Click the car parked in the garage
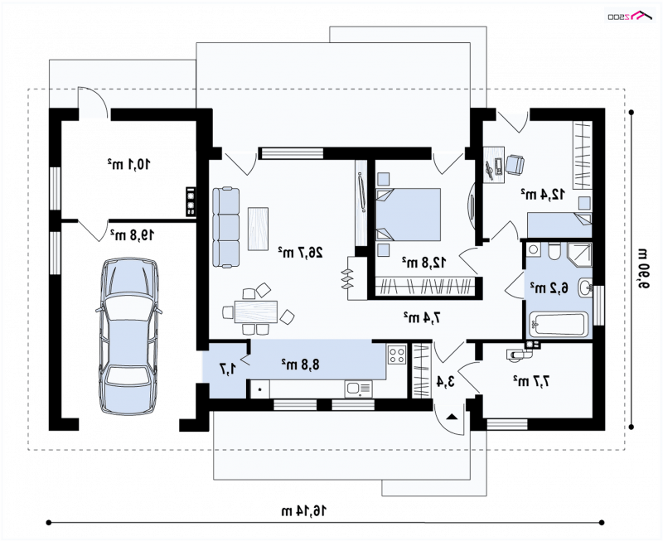click(x=129, y=336)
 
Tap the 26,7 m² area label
click(x=301, y=253)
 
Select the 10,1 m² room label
click(x=128, y=163)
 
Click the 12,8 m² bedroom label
click(x=423, y=263)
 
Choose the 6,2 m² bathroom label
click(x=549, y=287)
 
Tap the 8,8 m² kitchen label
click(x=301, y=364)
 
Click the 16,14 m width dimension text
click(x=304, y=510)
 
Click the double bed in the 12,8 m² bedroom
click(x=408, y=215)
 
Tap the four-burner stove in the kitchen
click(x=397, y=355)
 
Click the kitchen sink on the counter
click(x=358, y=389)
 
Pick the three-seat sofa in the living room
click(x=225, y=227)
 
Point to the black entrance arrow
click(x=452, y=417)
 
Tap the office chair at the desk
click(x=515, y=164)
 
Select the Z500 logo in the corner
click(x=629, y=15)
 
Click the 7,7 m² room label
click(x=531, y=381)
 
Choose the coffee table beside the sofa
click(x=258, y=228)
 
